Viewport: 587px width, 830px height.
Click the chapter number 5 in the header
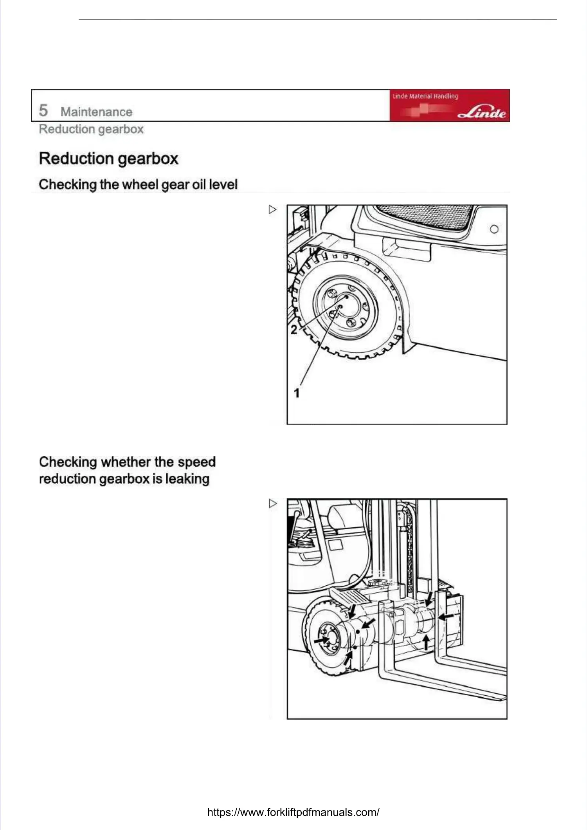[x=43, y=110]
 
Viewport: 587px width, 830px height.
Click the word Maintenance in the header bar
[x=96, y=112]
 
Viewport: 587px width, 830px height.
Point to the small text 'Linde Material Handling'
[x=425, y=96]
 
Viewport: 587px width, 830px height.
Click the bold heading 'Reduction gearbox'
[x=108, y=159]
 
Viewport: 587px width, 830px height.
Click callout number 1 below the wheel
[x=297, y=393]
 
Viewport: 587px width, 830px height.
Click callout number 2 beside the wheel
[x=293, y=330]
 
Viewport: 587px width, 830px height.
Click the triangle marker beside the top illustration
[x=273, y=210]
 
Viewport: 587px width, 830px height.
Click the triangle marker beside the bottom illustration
[x=273, y=503]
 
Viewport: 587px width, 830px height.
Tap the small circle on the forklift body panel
[x=494, y=229]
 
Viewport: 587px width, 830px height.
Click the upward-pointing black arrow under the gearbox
[x=426, y=642]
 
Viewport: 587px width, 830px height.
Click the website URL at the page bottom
[x=293, y=812]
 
